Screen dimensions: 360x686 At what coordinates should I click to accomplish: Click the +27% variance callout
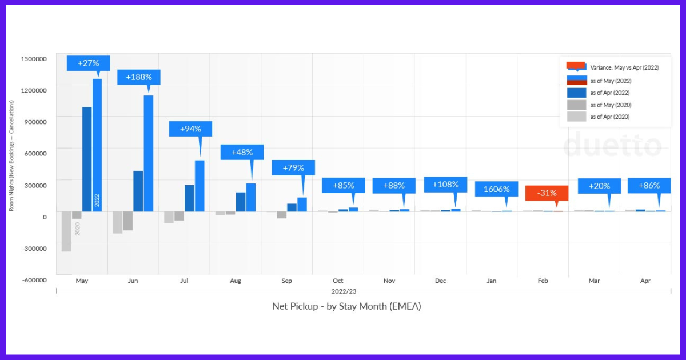pyautogui.click(x=88, y=63)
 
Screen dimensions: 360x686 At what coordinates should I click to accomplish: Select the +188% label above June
pyautogui.click(x=138, y=77)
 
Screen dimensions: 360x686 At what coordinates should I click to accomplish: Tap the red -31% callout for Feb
pyautogui.click(x=547, y=193)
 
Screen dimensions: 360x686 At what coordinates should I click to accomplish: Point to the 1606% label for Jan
pyautogui.click(x=496, y=189)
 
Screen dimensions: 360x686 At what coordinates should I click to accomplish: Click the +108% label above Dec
pyautogui.click(x=445, y=185)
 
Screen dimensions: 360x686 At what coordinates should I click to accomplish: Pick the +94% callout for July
pyautogui.click(x=190, y=129)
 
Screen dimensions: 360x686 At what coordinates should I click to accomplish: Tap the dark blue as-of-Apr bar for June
pyautogui.click(x=138, y=191)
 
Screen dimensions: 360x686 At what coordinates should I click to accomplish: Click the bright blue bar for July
pyautogui.click(x=200, y=186)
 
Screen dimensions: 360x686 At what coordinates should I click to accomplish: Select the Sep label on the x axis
pyautogui.click(x=287, y=281)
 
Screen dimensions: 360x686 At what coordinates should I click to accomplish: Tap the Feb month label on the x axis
pyautogui.click(x=543, y=281)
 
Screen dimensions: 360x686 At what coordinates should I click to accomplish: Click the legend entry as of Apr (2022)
pyautogui.click(x=610, y=93)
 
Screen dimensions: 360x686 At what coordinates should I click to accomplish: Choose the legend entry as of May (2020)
pyautogui.click(x=611, y=105)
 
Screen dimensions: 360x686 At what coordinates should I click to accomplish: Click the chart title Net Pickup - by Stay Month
pyautogui.click(x=346, y=306)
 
